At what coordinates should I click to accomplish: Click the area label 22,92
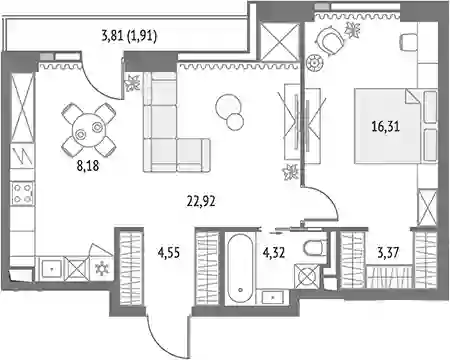201,201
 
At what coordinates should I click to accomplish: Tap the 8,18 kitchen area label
88,165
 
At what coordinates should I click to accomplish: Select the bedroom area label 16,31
386,127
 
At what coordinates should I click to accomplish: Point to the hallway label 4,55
169,253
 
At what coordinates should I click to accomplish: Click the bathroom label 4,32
274,253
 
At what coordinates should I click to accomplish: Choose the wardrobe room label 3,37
388,252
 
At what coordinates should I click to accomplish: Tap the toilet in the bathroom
315,247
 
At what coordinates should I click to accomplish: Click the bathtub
240,268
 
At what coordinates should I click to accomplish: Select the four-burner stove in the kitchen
22,193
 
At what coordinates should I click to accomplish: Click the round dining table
89,130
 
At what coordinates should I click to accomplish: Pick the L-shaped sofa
177,122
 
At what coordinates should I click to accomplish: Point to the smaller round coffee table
235,122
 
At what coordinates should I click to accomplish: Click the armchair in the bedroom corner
330,41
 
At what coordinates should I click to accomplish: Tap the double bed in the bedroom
396,126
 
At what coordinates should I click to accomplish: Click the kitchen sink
51,268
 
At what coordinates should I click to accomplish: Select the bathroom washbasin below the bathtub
273,297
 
